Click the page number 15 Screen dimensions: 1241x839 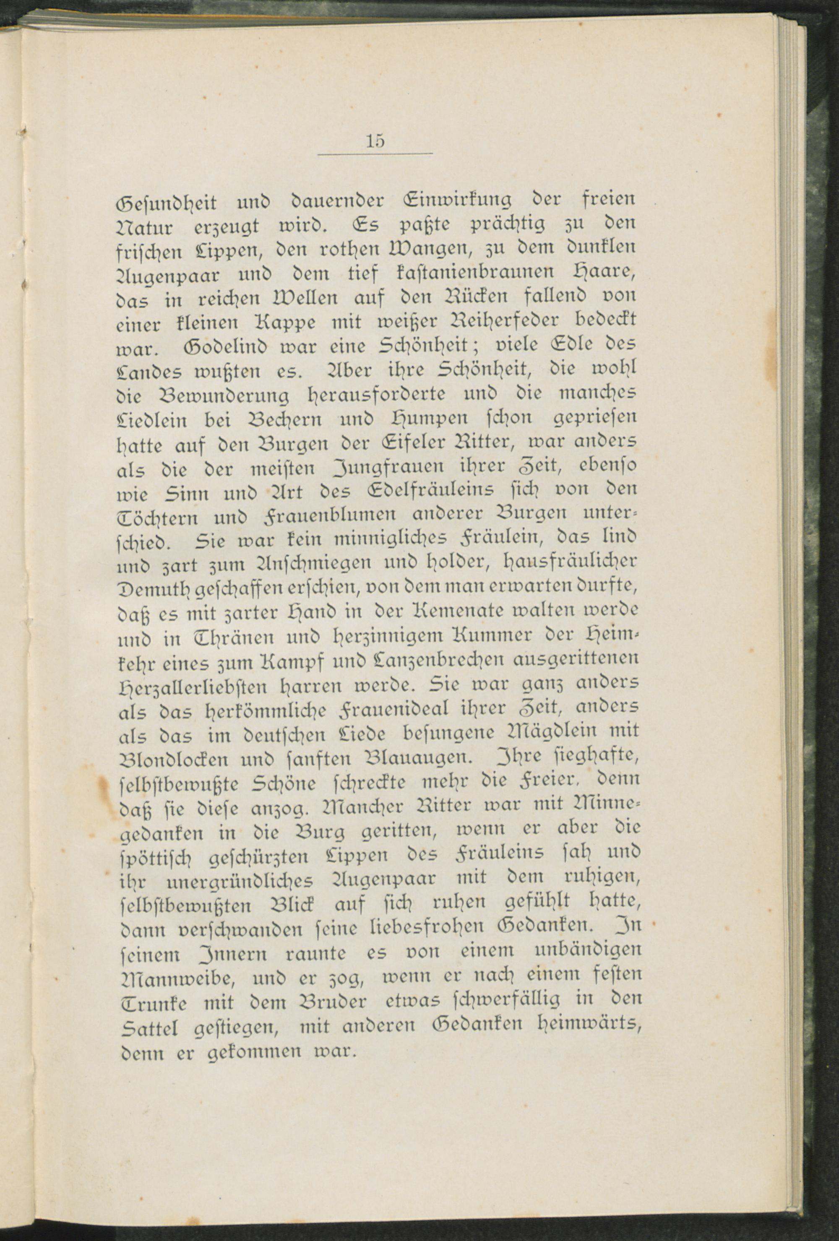pyautogui.click(x=375, y=141)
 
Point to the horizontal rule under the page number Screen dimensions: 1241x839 pyautogui.click(x=375, y=155)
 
